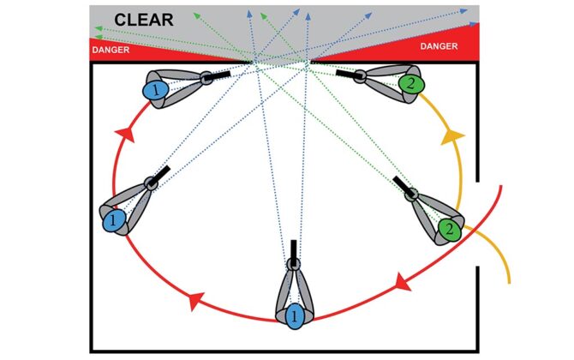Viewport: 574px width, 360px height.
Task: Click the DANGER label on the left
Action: (110, 50)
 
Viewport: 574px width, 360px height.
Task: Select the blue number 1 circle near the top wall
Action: (155, 88)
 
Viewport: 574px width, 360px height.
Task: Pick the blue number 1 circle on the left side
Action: (112, 221)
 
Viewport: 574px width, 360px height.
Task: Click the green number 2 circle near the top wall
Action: (409, 83)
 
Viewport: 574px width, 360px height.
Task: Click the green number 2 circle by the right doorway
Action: (448, 229)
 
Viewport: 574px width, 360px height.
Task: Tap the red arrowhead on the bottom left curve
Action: (194, 300)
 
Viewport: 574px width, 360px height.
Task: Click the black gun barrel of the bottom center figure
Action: (293, 249)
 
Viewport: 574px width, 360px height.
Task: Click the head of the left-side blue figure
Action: (152, 183)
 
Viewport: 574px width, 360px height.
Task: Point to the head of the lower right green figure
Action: (411, 195)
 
